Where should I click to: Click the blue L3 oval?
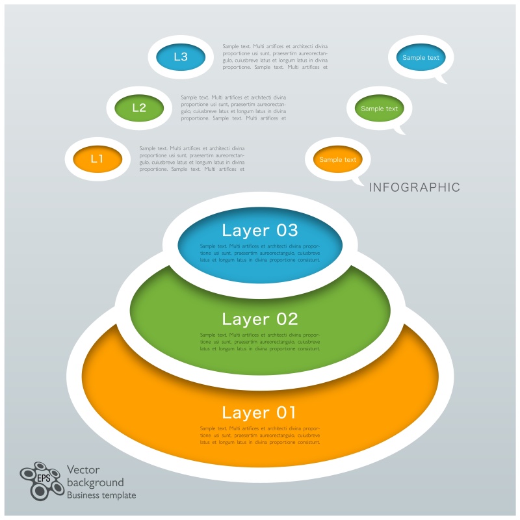coord(180,57)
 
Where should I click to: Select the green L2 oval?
coord(139,108)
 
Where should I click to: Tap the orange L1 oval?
coord(97,159)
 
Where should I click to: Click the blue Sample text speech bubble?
coord(421,58)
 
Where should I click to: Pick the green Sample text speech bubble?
coord(379,109)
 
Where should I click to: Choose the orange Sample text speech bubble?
coord(337,159)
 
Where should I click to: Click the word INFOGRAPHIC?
coord(415,188)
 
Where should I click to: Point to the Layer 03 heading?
coord(260,230)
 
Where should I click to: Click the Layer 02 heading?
coord(260,319)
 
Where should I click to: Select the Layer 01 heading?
coord(260,413)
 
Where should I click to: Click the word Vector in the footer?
coord(84,470)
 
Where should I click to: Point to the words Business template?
coord(102,495)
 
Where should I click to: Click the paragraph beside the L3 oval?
coord(275,57)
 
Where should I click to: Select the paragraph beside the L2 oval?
coord(233,108)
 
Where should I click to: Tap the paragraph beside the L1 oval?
coord(192,159)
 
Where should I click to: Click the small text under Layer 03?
coord(260,253)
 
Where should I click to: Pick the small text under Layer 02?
coord(260,342)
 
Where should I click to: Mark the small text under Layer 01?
coord(260,435)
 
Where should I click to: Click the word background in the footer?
coord(96,482)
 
